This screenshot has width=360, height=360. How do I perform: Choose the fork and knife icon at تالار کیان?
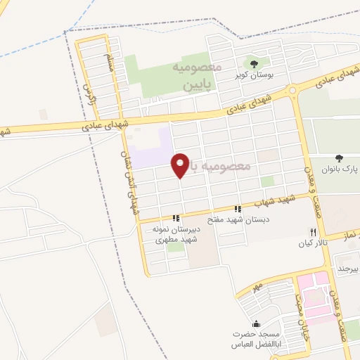point(313,232)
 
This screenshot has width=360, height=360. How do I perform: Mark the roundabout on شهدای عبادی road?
point(292,91)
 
